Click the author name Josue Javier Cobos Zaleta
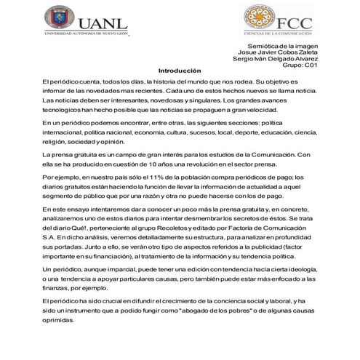click(277, 52)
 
